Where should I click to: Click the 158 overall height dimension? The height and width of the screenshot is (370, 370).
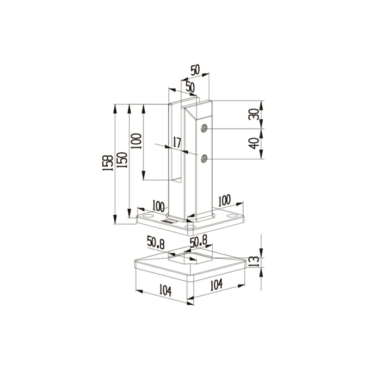tap(108, 163)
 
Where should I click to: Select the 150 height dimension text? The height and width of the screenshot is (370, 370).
tap(122, 160)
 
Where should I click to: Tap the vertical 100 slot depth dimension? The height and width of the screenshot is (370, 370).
tap(136, 141)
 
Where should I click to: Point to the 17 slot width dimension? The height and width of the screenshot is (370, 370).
tap(177, 142)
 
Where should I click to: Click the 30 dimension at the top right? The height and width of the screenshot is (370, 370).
tap(254, 114)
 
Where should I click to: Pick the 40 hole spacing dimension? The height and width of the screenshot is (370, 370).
tap(254, 143)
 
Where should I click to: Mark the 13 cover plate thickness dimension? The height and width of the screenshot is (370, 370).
tap(254, 261)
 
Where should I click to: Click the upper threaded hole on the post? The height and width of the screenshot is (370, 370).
tap(204, 128)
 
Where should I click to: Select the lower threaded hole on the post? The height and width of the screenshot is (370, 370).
tap(204, 159)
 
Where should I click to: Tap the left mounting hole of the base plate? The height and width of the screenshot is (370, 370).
tap(148, 216)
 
